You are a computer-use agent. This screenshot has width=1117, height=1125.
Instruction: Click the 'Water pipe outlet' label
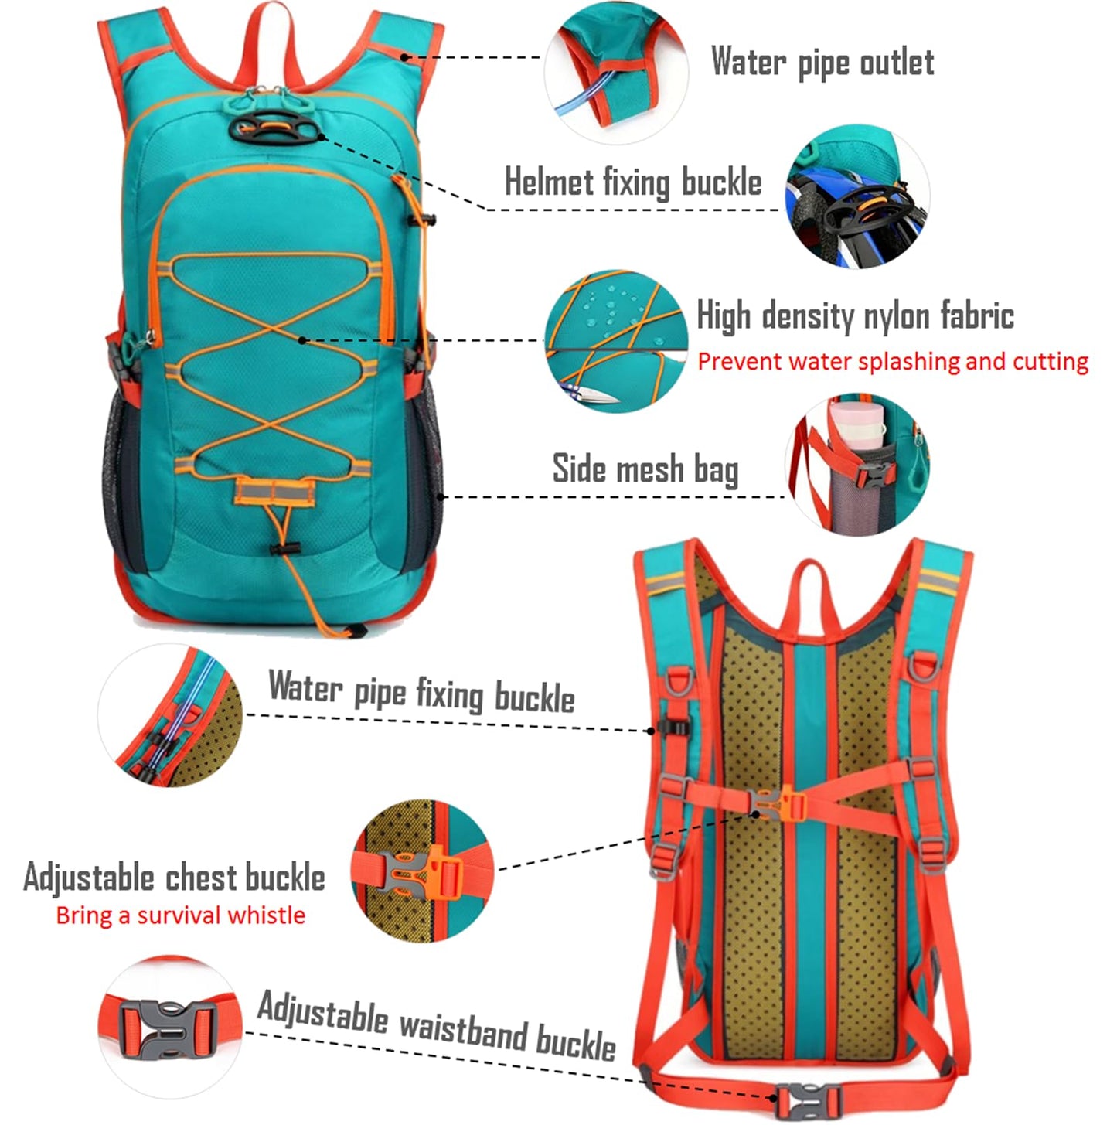[822, 62]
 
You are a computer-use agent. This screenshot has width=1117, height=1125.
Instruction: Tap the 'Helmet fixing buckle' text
[633, 182]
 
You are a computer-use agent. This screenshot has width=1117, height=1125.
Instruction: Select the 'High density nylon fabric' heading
[855, 315]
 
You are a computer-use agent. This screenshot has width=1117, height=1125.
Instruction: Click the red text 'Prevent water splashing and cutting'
[893, 362]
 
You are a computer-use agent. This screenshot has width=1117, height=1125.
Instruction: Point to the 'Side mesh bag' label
[645, 469]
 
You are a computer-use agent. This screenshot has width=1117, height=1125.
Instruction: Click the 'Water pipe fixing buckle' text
[421, 691]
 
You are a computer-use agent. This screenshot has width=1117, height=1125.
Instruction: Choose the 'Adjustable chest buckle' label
[174, 878]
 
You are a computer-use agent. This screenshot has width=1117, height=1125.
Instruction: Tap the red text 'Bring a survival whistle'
[180, 915]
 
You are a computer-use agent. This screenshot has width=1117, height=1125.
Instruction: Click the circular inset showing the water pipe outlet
[615, 73]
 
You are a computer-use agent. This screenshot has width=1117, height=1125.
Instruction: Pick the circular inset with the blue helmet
[858, 197]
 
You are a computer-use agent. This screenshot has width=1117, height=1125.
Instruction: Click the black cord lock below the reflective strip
[285, 550]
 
